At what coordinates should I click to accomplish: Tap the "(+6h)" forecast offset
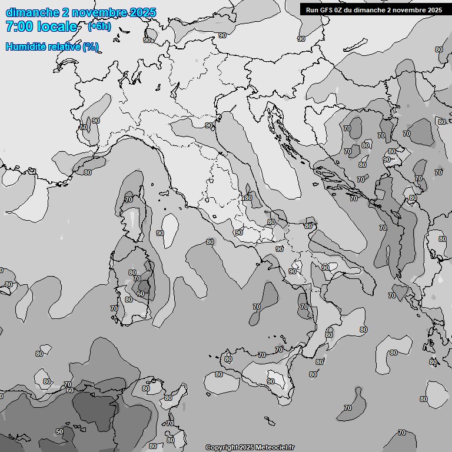click(x=99, y=26)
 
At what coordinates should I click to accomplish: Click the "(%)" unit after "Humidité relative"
click(x=90, y=46)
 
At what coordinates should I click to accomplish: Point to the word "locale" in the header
click(x=57, y=26)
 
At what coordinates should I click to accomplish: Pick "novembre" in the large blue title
click(x=98, y=12)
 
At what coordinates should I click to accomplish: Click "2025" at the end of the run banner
click(x=434, y=9)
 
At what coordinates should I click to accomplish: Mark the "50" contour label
click(x=59, y=431)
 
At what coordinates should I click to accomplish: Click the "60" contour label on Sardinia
click(x=140, y=294)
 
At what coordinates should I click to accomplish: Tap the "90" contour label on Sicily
click(x=271, y=381)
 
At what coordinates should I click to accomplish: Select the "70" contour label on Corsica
click(x=129, y=200)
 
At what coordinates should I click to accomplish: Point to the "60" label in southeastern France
click(x=83, y=127)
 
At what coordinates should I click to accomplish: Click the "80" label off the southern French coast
click(x=87, y=172)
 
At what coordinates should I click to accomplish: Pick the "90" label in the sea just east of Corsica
click(x=159, y=233)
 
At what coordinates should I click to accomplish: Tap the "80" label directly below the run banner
click(x=439, y=49)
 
